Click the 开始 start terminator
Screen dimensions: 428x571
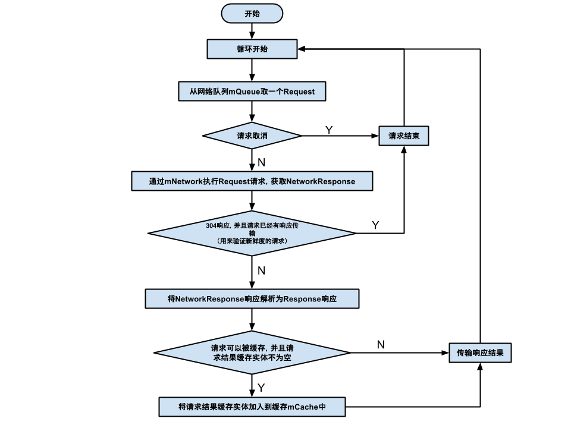(x=252, y=14)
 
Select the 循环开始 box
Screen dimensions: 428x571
(x=252, y=49)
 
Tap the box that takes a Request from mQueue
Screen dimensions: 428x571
(x=252, y=92)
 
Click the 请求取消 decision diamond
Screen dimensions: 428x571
(x=252, y=136)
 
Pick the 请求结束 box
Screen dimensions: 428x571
(x=404, y=136)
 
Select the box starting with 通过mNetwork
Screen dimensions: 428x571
(x=252, y=181)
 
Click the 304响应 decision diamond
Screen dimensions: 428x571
(x=252, y=233)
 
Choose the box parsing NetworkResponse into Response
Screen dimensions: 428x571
(x=252, y=299)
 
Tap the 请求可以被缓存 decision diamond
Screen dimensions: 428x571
(x=252, y=353)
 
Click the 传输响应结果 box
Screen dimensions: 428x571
(x=480, y=353)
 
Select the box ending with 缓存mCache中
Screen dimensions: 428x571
(x=252, y=407)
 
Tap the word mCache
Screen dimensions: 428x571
(x=304, y=407)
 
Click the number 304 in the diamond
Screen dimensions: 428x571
(x=211, y=226)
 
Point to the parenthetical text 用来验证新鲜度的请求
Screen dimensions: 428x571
(x=252, y=241)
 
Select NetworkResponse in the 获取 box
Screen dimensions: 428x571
(x=321, y=181)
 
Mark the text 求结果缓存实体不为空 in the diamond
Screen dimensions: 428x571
(x=252, y=358)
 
